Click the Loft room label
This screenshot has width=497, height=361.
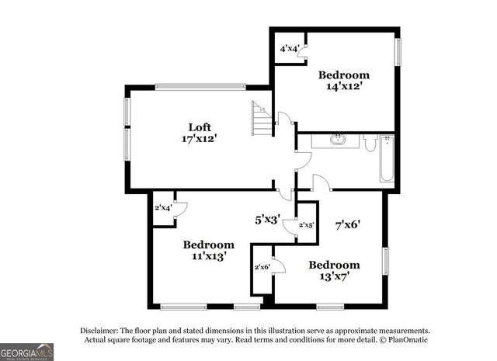200,127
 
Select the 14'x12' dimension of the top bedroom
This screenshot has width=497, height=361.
343,88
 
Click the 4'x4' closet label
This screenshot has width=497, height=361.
290,49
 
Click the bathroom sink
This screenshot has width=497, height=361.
338,141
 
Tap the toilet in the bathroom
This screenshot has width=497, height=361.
370,143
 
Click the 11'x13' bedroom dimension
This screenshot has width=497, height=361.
208,255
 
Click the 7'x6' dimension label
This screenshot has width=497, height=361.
346,225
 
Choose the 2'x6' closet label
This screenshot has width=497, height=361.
262,267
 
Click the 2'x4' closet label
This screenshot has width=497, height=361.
162,207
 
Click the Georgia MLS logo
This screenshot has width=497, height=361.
27,352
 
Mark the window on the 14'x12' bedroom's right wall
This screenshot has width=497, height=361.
398,51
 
